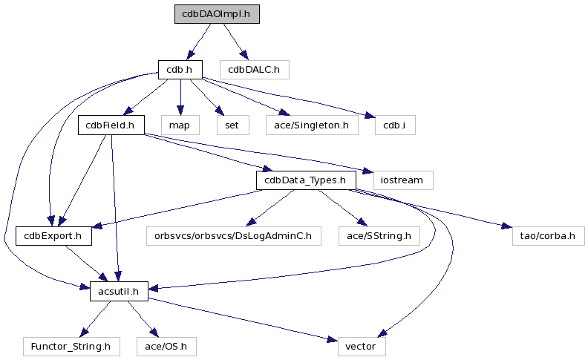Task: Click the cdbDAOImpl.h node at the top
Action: pos(217,14)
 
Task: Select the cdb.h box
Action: pos(180,70)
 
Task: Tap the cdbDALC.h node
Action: pos(254,70)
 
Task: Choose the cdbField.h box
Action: pos(111,125)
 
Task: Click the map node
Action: pos(179,125)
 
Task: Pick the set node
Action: pos(232,125)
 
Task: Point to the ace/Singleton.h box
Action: pos(312,125)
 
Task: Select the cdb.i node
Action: pos(394,125)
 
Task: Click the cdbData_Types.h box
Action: pos(306,180)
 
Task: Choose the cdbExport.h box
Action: pos(53,235)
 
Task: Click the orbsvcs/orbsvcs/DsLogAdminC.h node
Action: pos(232,235)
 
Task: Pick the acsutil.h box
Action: pos(119,291)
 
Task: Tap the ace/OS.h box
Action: pos(166,346)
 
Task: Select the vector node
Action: pos(362,346)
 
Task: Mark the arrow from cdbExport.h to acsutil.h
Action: pos(86,264)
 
